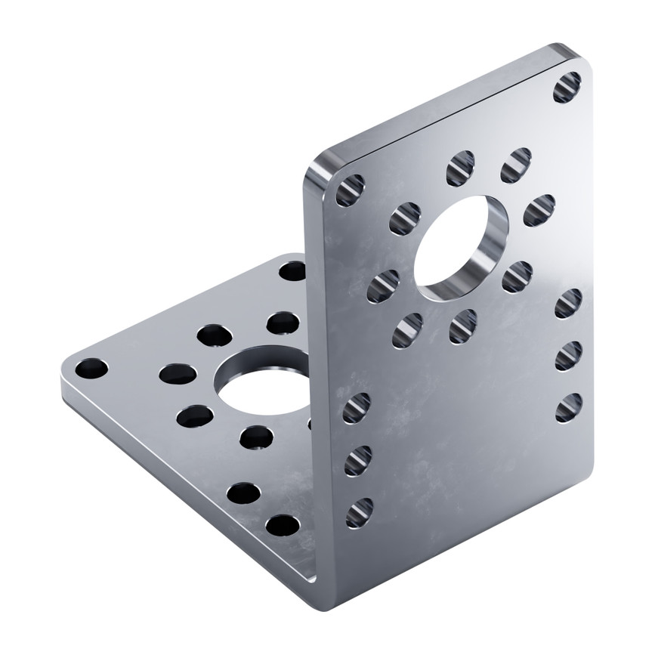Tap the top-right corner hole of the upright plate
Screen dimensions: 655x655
tap(567, 88)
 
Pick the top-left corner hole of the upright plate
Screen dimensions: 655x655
tap(350, 190)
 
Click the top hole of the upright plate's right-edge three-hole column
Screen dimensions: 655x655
tap(568, 303)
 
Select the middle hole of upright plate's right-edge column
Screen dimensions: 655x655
tap(568, 356)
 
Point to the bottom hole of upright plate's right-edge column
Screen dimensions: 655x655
tap(568, 408)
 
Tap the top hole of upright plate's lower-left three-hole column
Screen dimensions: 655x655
tap(357, 408)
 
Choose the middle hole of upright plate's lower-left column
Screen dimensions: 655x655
tap(358, 460)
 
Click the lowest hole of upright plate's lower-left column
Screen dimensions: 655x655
tap(360, 513)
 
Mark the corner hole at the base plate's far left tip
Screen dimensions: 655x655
tap(91, 369)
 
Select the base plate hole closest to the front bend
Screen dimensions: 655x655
tap(283, 524)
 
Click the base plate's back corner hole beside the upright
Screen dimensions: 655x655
tap(292, 270)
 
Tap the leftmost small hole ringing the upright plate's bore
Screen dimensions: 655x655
tap(382, 286)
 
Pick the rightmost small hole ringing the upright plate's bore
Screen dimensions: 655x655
tap(539, 211)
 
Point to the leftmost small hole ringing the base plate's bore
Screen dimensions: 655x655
tap(178, 373)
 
